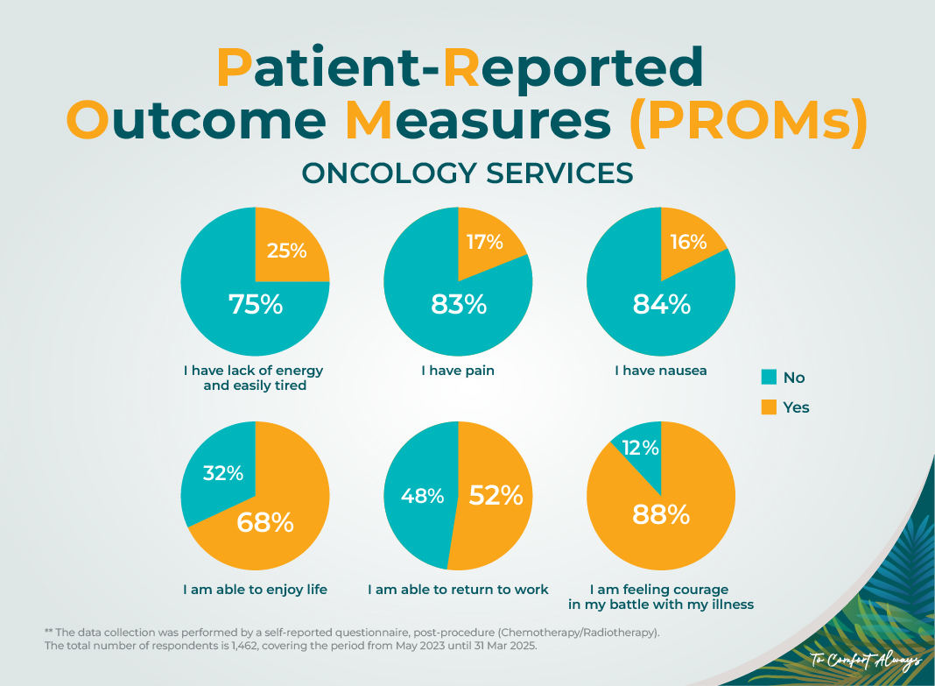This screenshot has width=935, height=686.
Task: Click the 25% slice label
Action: [x=286, y=251]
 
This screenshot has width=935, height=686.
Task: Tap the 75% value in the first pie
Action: [x=256, y=304]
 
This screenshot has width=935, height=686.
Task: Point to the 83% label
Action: [x=458, y=304]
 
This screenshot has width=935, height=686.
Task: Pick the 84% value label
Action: [x=661, y=304]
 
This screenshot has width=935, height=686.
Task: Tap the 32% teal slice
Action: [x=222, y=473]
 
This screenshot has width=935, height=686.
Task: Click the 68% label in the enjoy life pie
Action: [x=265, y=523]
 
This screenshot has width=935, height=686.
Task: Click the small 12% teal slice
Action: [x=640, y=449]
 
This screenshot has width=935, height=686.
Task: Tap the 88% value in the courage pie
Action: [x=661, y=514]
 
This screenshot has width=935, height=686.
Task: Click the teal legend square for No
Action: [x=769, y=378]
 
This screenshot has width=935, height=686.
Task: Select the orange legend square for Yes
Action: [x=769, y=407]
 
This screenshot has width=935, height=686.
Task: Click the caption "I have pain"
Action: [x=458, y=371]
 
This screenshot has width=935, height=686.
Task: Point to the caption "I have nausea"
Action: [x=660, y=371]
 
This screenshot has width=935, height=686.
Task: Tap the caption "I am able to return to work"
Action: [x=458, y=589]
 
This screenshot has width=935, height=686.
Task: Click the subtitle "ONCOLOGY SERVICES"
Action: [x=467, y=173]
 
